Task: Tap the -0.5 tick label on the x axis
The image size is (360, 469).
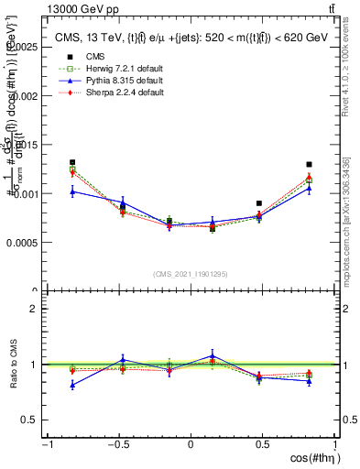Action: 118,445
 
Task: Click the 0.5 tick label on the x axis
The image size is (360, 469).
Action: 263,445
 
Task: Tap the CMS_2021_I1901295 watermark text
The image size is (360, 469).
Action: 191,273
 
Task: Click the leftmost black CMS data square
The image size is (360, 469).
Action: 72,162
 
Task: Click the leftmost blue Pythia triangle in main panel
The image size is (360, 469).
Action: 72,191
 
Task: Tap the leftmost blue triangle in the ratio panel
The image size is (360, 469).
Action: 72,385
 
